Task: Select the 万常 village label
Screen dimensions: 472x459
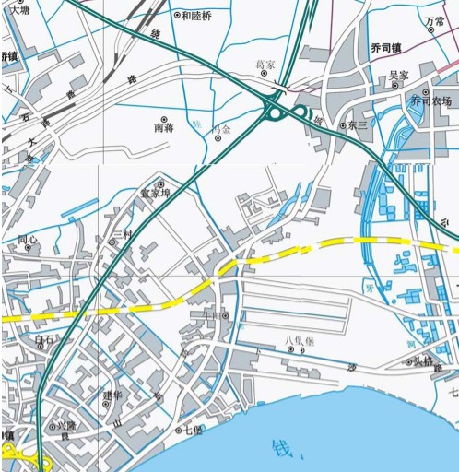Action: [434, 20]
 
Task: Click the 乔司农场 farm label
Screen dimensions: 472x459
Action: [431, 101]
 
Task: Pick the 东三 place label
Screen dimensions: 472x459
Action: [358, 125]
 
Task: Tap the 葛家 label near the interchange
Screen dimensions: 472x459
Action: [265, 65]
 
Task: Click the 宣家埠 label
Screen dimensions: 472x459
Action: [155, 194]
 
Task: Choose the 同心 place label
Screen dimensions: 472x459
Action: [29, 240]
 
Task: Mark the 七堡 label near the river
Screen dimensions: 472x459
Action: [192, 431]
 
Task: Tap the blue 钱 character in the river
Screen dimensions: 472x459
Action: [281, 449]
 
